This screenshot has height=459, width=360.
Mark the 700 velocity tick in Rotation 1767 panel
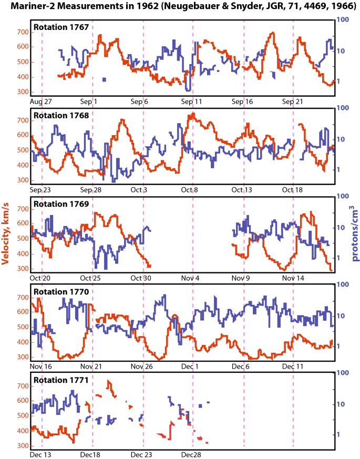tap(21, 33)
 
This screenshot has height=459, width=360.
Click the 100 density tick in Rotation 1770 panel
tap(343, 284)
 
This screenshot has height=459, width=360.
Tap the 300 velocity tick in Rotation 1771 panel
tap(21, 445)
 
